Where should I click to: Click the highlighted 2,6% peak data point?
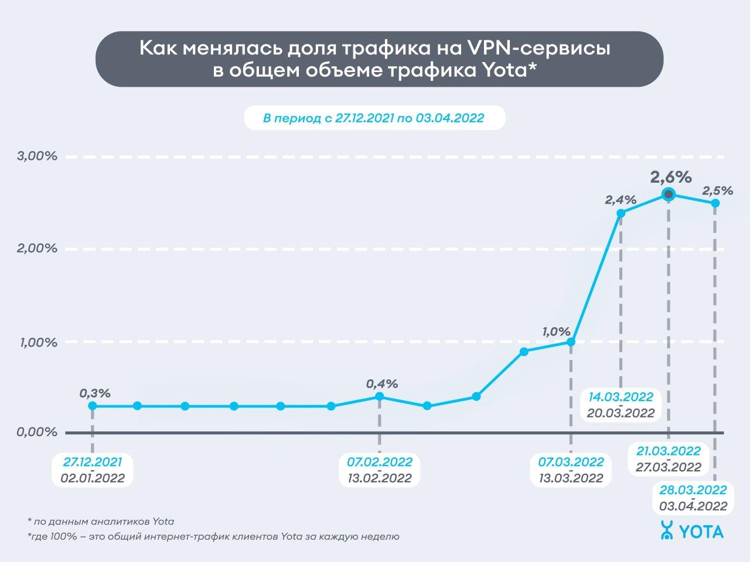[x=668, y=195]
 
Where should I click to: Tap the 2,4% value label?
[x=621, y=200]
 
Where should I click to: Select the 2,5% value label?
[x=717, y=190]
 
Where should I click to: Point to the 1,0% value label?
[x=556, y=331]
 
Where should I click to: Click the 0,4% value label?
[x=382, y=384]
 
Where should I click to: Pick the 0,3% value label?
[x=95, y=393]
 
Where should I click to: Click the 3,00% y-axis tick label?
[x=36, y=156]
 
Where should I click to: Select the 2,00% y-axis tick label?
[x=36, y=249]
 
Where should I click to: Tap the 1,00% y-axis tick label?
[x=36, y=342]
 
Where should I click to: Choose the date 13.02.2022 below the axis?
[x=376, y=478]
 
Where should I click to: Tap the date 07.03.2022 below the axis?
[x=571, y=462]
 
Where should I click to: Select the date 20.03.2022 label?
[x=621, y=412]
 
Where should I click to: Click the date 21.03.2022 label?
[x=669, y=451]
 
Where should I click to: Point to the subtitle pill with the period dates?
[x=374, y=118]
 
